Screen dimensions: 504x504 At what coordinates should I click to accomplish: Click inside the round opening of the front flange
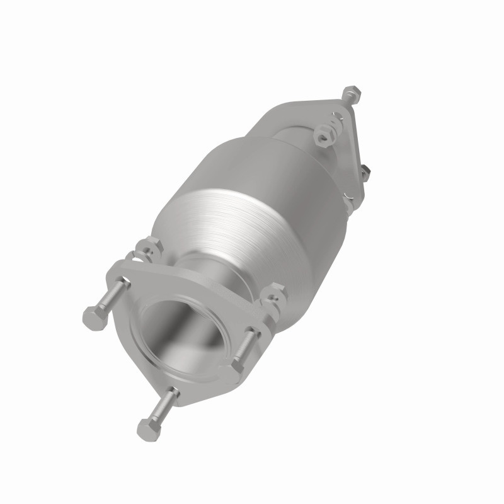click(180, 337)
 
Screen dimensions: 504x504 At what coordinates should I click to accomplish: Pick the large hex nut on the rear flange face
click(325, 134)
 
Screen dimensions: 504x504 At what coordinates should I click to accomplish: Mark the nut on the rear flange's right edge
click(364, 171)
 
